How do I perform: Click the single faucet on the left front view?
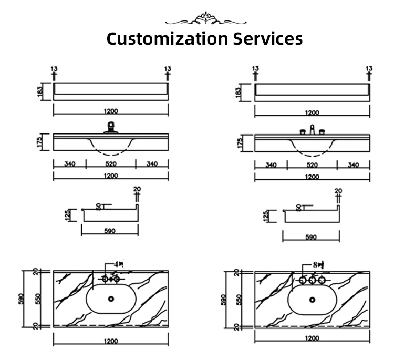pos(111,128)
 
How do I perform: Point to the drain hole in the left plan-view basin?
pos(111,299)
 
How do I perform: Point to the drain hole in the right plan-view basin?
pos(313,299)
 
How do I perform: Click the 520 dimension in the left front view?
pos(111,164)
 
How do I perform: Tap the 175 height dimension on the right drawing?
pos(241,142)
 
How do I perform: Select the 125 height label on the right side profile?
pos(266,215)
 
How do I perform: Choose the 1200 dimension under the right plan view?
pos(312,338)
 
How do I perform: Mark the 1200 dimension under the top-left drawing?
pos(111,111)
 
